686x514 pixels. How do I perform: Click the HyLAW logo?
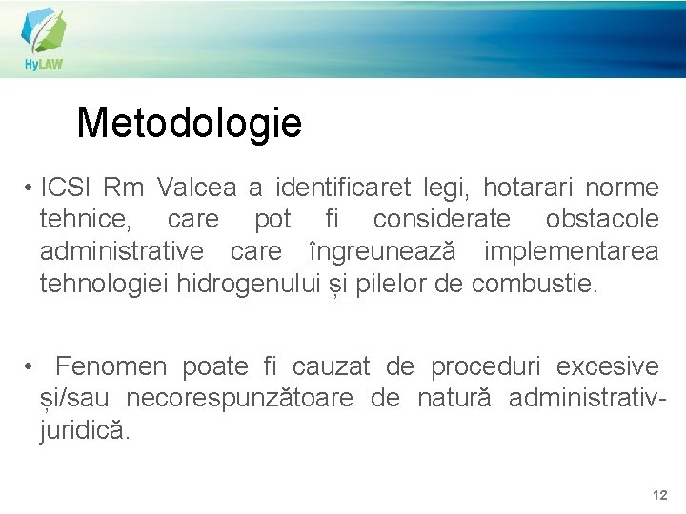point(44,39)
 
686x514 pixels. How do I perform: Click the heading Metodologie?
point(189,123)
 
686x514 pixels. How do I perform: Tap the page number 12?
point(659,495)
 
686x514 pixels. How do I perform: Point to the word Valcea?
point(197,186)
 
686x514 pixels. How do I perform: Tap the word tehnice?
point(84,219)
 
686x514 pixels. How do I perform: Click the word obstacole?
point(602,219)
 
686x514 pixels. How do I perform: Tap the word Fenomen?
point(111,366)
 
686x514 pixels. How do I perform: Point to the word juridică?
point(82,431)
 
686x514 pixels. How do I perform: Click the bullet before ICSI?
point(31,187)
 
